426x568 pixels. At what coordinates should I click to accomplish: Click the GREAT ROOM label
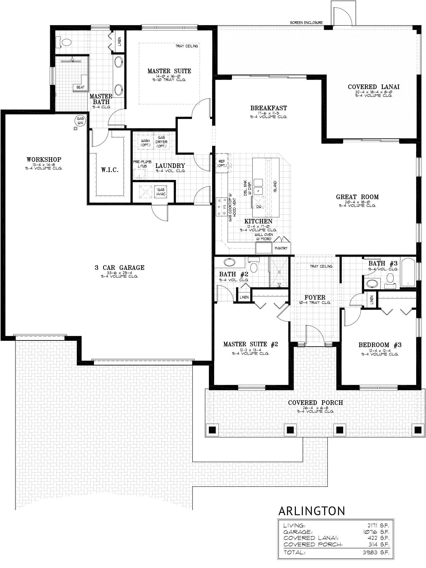tap(357, 197)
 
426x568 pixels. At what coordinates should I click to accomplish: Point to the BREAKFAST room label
tap(268, 108)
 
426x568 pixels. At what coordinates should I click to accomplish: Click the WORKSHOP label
tap(44, 160)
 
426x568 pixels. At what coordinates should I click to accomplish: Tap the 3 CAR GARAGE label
tap(119, 268)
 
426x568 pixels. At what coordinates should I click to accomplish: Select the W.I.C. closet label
tap(110, 170)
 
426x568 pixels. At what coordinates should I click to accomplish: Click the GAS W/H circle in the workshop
tap(80, 120)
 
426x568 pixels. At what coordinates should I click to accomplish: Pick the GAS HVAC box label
tap(161, 192)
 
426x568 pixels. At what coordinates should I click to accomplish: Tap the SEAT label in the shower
tap(80, 87)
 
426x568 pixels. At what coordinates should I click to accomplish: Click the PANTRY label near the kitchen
tap(281, 248)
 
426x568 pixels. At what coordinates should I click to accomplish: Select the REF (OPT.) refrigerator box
tap(222, 163)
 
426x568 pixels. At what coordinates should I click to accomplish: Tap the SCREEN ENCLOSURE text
tap(306, 22)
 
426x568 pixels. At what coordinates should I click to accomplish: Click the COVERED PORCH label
tap(315, 403)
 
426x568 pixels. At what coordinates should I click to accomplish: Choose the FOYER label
tap(315, 297)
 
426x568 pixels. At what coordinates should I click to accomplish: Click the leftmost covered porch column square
tap(212, 429)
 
